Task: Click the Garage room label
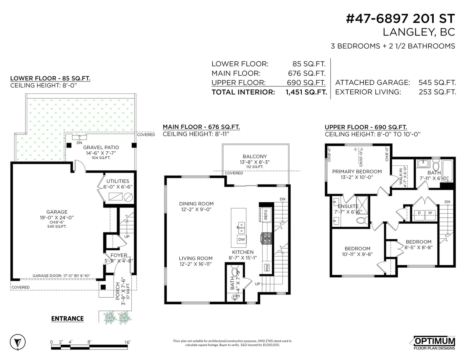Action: point(57,212)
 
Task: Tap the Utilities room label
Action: point(118,181)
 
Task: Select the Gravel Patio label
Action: point(101,148)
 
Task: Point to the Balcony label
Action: point(255,157)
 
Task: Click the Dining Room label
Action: point(196,203)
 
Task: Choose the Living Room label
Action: point(196,258)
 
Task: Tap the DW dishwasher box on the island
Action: point(242,239)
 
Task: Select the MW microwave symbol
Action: point(267,267)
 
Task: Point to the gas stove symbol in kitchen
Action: point(266,238)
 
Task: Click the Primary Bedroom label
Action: point(357,172)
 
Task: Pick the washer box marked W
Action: point(430,215)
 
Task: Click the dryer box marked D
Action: point(419,215)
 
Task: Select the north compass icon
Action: point(17,342)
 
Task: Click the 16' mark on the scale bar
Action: point(127,342)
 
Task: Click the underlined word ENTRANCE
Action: point(67,319)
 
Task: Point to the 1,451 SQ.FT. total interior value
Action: point(306,92)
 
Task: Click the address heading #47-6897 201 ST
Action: point(400,19)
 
